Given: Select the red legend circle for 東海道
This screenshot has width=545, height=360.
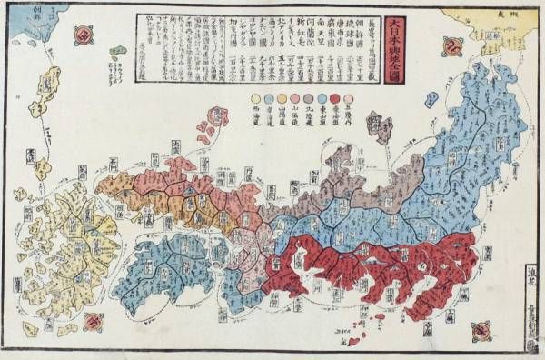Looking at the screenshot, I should click(x=335, y=97).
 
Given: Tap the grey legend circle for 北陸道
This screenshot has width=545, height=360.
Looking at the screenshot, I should click(x=310, y=97).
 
